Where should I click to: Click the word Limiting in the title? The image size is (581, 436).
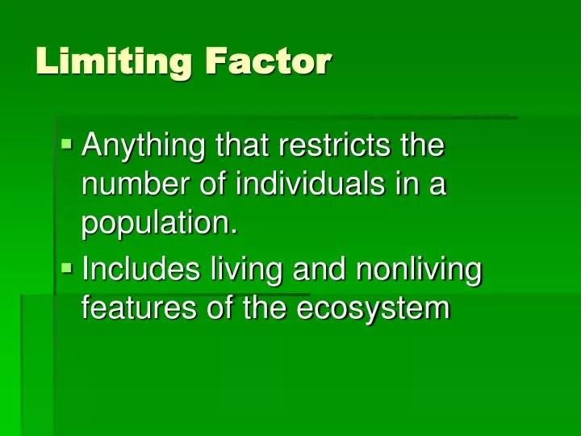113,61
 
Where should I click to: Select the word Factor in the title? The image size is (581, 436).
267,61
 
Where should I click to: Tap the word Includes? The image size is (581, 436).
140,270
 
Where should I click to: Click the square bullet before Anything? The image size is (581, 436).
67,145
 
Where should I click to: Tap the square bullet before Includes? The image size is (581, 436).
67,267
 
